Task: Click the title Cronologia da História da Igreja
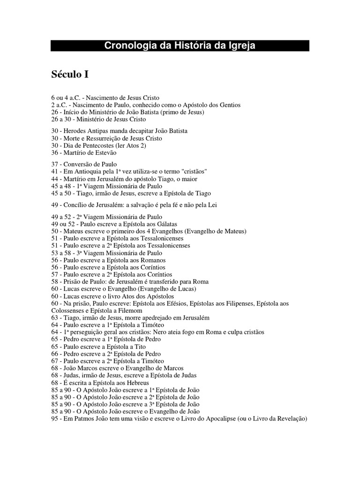(x=180, y=45)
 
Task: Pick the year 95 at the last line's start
(x=54, y=418)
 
